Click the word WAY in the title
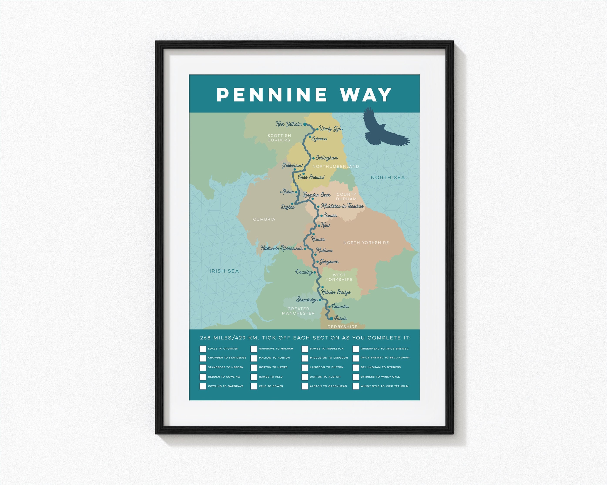(366, 95)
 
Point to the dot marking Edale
(331, 318)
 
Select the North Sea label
(388, 177)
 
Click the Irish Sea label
(224, 271)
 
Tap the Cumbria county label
(264, 219)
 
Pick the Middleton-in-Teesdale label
(342, 206)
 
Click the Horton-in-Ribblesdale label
(282, 248)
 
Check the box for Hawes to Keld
(254, 377)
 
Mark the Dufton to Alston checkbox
(305, 377)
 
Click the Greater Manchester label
(298, 311)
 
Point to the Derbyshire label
(342, 327)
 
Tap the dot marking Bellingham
(313, 158)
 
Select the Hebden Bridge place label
(336, 292)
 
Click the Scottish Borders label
(279, 138)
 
